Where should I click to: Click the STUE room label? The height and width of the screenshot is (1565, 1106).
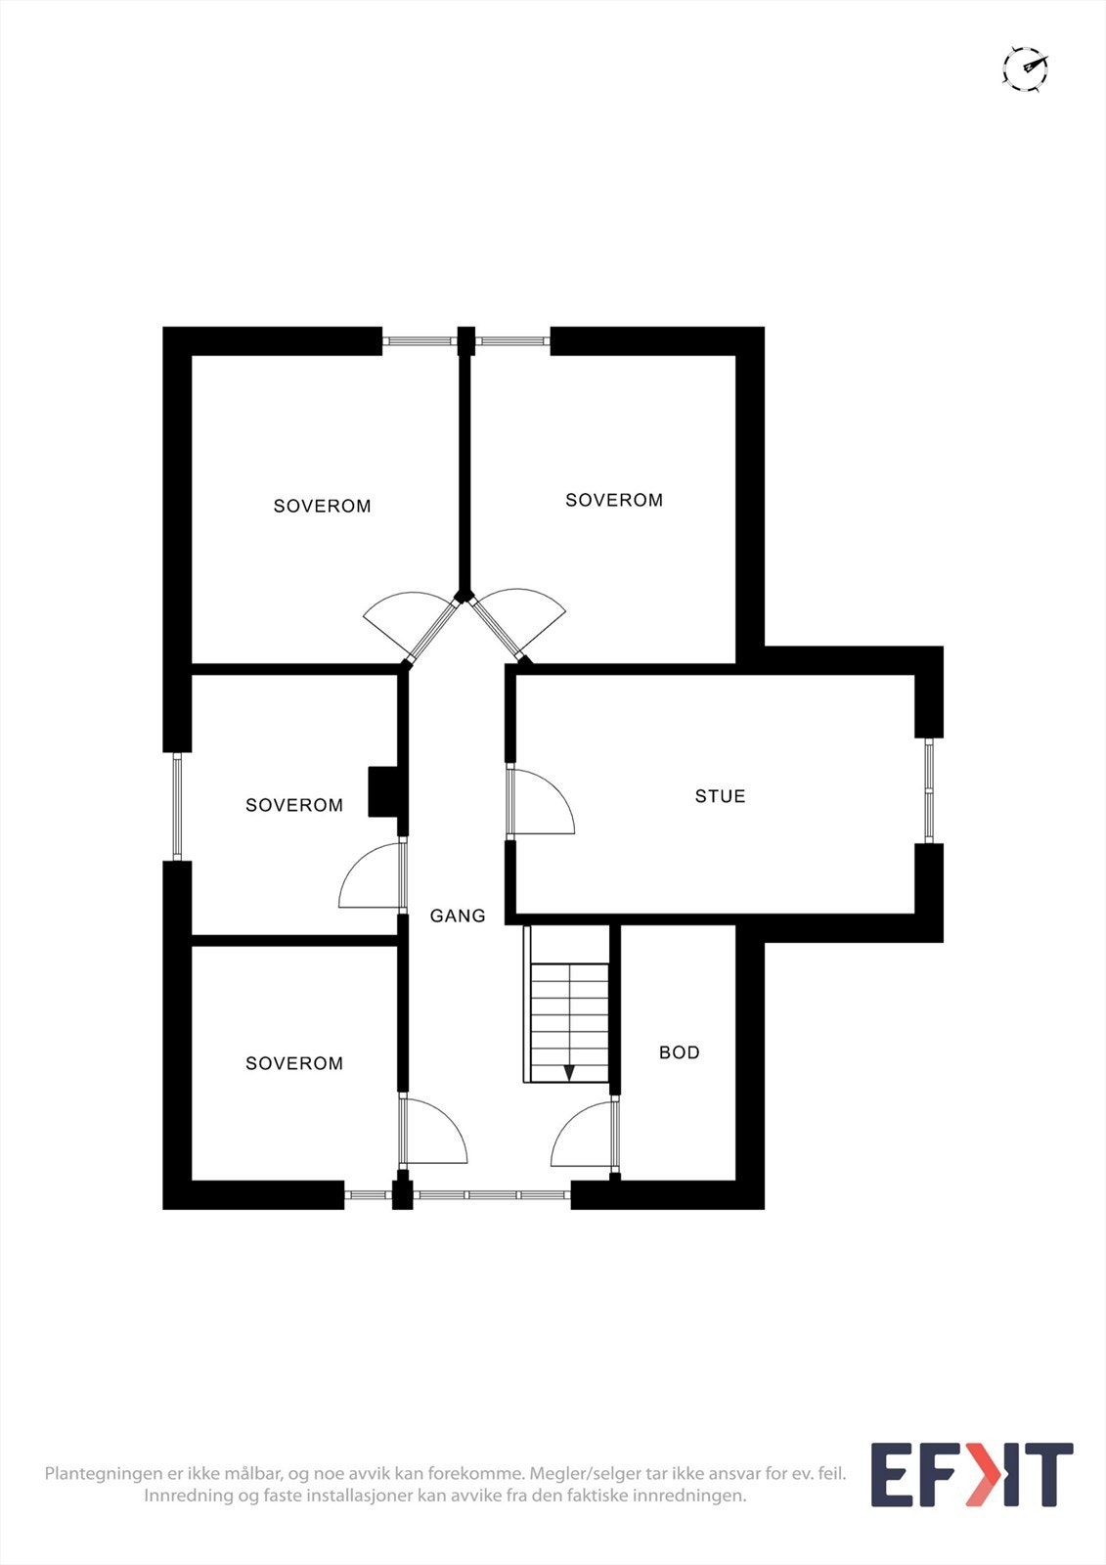[x=720, y=796]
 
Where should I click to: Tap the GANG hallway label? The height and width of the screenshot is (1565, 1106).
[x=458, y=916]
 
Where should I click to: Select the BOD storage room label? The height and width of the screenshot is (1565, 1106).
[x=679, y=1052]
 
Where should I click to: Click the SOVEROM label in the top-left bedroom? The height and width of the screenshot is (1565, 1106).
[x=322, y=506]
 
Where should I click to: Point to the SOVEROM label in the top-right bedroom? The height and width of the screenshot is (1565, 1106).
[x=614, y=500]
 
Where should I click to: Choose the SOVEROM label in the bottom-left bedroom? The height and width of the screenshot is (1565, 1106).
[x=294, y=1063]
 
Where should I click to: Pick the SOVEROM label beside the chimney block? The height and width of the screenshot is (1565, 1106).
[x=294, y=805]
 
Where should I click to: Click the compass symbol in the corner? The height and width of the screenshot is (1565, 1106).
[x=1025, y=68]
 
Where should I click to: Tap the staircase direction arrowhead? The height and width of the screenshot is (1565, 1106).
[x=569, y=1072]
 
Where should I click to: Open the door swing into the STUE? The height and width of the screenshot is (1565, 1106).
[x=540, y=802]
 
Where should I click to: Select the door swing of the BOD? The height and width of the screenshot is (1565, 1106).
[x=585, y=1135]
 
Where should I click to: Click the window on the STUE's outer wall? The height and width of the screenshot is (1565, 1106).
[x=929, y=790]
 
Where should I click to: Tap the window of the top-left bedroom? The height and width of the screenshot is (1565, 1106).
[x=420, y=341]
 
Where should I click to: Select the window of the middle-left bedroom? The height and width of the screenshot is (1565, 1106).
[x=177, y=806]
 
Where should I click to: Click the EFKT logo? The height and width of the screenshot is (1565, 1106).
[x=971, y=1474]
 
